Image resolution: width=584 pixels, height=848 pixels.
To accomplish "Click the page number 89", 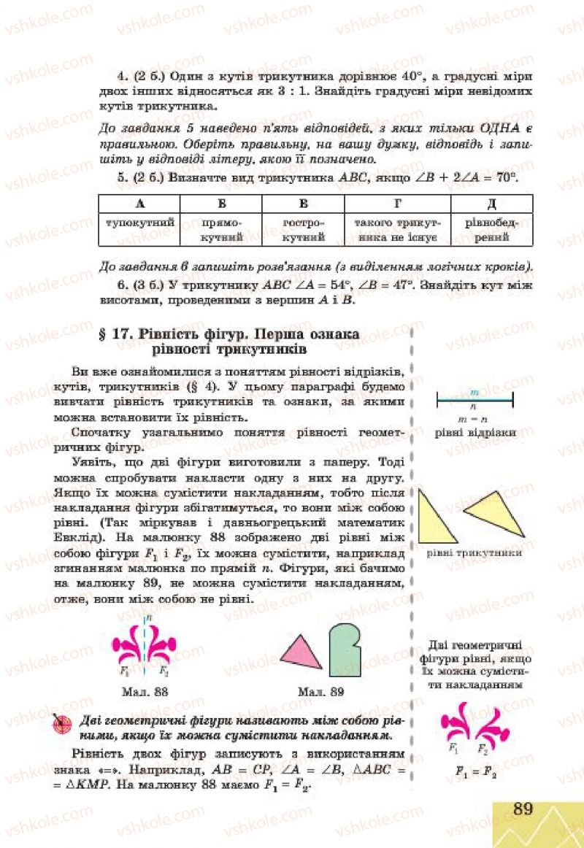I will (x=522, y=808).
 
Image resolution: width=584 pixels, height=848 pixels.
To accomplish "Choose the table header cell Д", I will (x=491, y=204).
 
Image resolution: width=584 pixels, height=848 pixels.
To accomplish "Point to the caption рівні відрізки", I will (x=475, y=432).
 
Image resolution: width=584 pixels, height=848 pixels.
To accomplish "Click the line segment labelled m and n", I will (x=475, y=398).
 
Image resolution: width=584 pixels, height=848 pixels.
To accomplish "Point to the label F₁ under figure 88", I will (x=126, y=670).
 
